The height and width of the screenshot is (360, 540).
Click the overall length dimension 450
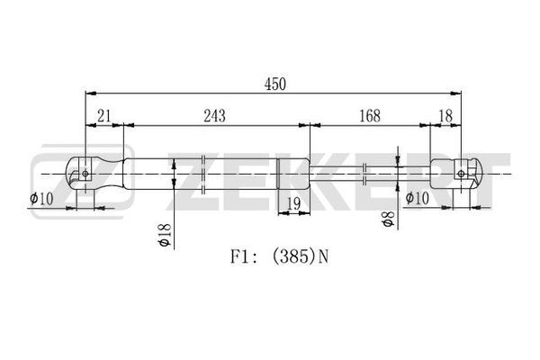(274, 85)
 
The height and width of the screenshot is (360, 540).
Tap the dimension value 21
(103, 116)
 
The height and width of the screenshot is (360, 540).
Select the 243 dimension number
(214, 116)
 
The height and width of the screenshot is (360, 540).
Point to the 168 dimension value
(370, 116)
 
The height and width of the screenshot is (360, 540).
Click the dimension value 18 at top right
(445, 116)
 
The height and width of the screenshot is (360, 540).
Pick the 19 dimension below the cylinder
(293, 204)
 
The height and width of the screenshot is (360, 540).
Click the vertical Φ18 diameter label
(164, 235)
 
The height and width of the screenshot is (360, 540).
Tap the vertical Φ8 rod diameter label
(388, 219)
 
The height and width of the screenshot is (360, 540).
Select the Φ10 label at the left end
(41, 199)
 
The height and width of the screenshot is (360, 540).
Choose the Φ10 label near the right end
(417, 198)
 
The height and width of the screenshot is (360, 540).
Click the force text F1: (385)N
(279, 256)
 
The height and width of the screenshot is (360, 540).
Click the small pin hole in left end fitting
(85, 174)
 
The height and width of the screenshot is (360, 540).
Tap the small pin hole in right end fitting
(461, 174)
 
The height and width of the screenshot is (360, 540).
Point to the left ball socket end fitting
(94, 174)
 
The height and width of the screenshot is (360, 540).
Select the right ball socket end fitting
(454, 174)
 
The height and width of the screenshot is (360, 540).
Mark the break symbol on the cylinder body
(202, 174)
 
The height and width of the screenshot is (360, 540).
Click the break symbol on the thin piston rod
(364, 174)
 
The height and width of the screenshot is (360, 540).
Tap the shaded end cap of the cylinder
(293, 174)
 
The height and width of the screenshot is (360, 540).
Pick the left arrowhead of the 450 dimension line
(91, 93)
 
